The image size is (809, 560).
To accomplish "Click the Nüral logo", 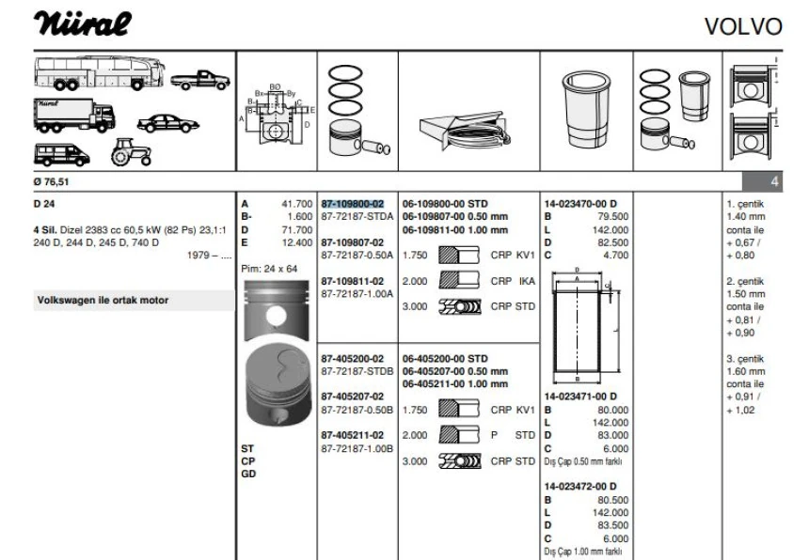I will pyautogui.click(x=82, y=23).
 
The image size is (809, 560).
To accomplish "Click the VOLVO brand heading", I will pyautogui.click(x=742, y=26).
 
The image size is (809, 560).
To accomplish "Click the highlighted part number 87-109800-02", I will pyautogui.click(x=353, y=203).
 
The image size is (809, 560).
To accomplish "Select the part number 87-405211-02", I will pyautogui.click(x=353, y=436).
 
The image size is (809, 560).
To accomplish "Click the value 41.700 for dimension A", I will pyautogui.click(x=296, y=203).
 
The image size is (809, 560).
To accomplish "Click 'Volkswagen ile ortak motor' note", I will pyautogui.click(x=103, y=301).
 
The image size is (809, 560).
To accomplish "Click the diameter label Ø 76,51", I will pyautogui.click(x=53, y=182).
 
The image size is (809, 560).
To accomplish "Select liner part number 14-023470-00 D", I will pyautogui.click(x=580, y=203).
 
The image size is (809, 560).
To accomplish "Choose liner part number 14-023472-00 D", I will pyautogui.click(x=580, y=487).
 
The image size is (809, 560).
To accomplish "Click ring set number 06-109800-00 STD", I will pyautogui.click(x=445, y=203).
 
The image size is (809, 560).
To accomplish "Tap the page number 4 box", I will pyautogui.click(x=775, y=182).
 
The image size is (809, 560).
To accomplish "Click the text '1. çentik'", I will pyautogui.click(x=746, y=203).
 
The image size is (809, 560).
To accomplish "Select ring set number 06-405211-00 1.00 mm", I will pyautogui.click(x=455, y=384).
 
